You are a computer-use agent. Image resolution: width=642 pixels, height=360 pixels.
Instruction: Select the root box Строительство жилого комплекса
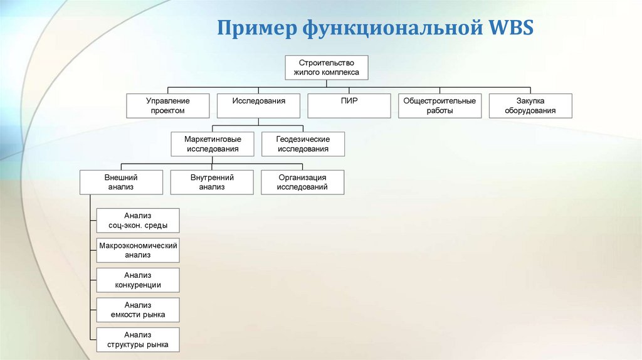[327, 68]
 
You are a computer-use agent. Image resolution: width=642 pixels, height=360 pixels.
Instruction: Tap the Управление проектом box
[168, 105]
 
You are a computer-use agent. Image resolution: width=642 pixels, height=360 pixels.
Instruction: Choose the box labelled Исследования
[258, 105]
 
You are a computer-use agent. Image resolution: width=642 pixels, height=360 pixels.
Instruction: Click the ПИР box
[349, 105]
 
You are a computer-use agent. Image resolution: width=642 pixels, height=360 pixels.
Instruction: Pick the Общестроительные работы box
[439, 105]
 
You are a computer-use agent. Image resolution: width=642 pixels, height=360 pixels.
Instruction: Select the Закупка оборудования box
[530, 105]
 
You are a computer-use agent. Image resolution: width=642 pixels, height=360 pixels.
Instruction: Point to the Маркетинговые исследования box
[213, 144]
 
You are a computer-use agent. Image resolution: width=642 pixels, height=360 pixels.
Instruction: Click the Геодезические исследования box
[303, 144]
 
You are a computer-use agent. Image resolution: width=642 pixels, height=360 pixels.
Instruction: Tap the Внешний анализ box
[121, 182]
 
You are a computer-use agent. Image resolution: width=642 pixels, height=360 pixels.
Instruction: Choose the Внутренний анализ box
[212, 182]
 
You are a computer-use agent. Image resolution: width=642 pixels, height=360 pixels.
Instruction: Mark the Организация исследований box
[303, 182]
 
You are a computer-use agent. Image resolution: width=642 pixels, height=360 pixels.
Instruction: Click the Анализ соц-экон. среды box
[138, 221]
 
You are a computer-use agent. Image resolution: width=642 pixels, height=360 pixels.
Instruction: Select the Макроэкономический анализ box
[138, 250]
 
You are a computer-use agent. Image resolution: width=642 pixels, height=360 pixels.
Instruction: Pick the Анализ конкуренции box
[138, 280]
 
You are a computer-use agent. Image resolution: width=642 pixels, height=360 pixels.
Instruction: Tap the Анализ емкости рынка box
[138, 310]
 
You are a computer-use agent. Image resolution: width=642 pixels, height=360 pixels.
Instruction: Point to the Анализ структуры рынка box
[138, 339]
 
